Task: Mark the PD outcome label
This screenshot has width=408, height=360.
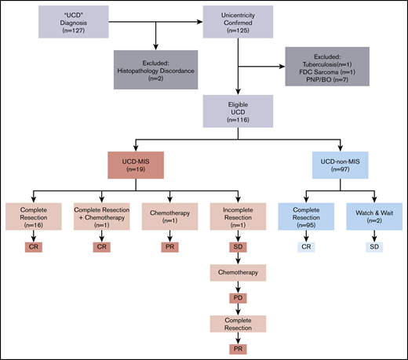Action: click(x=238, y=299)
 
